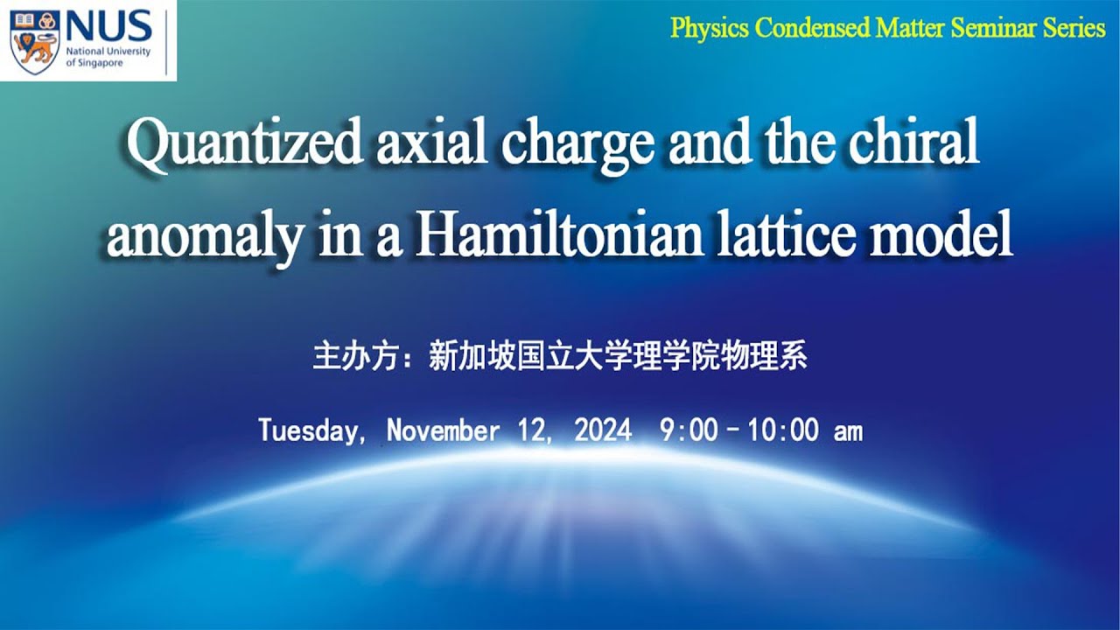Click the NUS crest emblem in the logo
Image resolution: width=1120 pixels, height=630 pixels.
pyautogui.click(x=35, y=40)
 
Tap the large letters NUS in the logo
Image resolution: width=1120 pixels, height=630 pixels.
pyautogui.click(x=108, y=26)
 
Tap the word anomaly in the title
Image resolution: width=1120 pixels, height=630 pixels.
pyautogui.click(x=206, y=238)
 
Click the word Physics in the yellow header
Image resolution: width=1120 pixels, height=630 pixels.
pyautogui.click(x=710, y=28)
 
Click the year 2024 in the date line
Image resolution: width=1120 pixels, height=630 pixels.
pyautogui.click(x=603, y=430)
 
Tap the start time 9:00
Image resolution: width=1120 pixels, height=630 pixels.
pyautogui.click(x=689, y=430)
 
